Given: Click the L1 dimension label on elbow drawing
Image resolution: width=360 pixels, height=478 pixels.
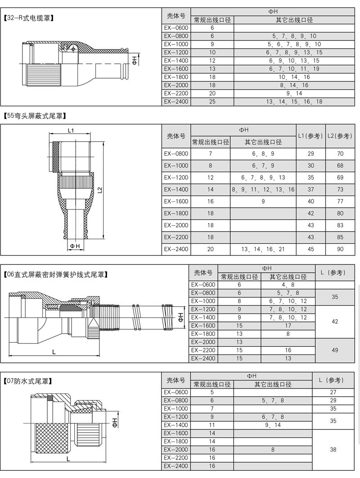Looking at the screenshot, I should coord(71,130).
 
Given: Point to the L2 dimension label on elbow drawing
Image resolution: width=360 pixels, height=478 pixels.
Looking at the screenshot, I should coord(100,190).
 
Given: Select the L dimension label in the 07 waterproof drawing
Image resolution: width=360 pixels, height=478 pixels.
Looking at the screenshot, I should coord(68,459).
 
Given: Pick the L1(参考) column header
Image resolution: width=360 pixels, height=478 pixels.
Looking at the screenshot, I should coord(310,136).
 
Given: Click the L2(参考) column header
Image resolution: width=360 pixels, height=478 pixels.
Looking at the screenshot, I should coord(340,136).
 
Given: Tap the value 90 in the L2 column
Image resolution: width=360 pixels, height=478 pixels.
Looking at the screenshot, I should coord(340,249).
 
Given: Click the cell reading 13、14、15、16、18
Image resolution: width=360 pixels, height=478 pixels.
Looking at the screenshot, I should coord(294,102).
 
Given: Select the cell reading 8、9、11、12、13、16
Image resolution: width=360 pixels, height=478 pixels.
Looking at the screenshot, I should coord(263,190).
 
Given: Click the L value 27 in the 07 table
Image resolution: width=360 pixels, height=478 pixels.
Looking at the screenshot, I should coord(333,392).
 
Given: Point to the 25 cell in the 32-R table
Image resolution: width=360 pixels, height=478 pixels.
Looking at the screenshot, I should coord(212,102).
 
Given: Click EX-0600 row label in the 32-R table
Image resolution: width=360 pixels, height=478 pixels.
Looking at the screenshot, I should coord(176,28).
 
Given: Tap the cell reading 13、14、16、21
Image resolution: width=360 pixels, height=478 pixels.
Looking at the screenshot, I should coord(263,249).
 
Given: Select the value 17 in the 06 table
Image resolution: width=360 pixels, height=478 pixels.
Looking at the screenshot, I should coord(288,326).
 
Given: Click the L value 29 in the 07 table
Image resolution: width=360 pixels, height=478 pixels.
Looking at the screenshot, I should coord(333,400).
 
